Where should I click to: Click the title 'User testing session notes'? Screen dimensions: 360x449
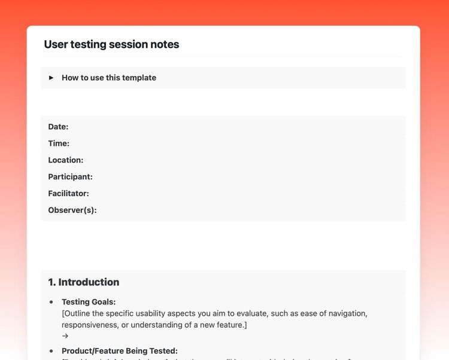pos(111,44)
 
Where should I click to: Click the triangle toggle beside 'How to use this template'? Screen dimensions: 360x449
pos(51,78)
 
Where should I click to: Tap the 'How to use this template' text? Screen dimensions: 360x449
pos(108,78)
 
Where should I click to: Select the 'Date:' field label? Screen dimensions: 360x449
pos(58,127)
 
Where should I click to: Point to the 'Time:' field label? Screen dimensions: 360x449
pos(59,144)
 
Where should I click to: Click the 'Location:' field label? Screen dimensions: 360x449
pos(66,160)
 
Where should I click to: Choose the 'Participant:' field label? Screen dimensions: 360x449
pos(70,177)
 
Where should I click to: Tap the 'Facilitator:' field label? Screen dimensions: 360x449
pos(68,194)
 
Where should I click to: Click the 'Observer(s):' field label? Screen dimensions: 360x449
pos(72,210)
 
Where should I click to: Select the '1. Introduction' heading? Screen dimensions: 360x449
pos(84,282)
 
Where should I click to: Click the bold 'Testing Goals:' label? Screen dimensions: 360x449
pos(89,302)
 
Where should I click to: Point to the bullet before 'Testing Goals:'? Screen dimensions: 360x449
pos(51,302)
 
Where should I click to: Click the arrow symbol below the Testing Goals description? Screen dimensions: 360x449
pos(65,336)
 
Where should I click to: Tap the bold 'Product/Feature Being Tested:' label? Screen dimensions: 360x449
pos(120,351)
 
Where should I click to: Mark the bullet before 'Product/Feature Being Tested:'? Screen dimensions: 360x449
pos(51,351)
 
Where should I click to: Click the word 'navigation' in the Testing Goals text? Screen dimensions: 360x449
pos(345,313)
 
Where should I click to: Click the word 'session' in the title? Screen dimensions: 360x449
pos(129,44)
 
